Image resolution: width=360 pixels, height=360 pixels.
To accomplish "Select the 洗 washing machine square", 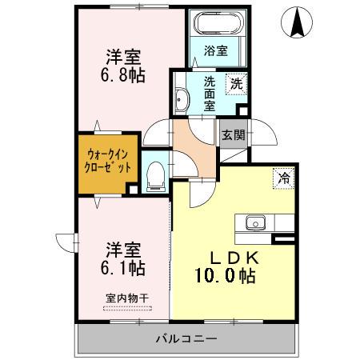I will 236,82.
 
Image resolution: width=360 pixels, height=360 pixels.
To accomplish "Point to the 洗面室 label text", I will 209,92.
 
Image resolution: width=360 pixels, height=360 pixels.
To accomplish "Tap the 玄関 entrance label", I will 233,134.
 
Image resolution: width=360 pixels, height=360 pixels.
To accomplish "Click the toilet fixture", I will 157,172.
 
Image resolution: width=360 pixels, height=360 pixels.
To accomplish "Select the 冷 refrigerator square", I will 283,178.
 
